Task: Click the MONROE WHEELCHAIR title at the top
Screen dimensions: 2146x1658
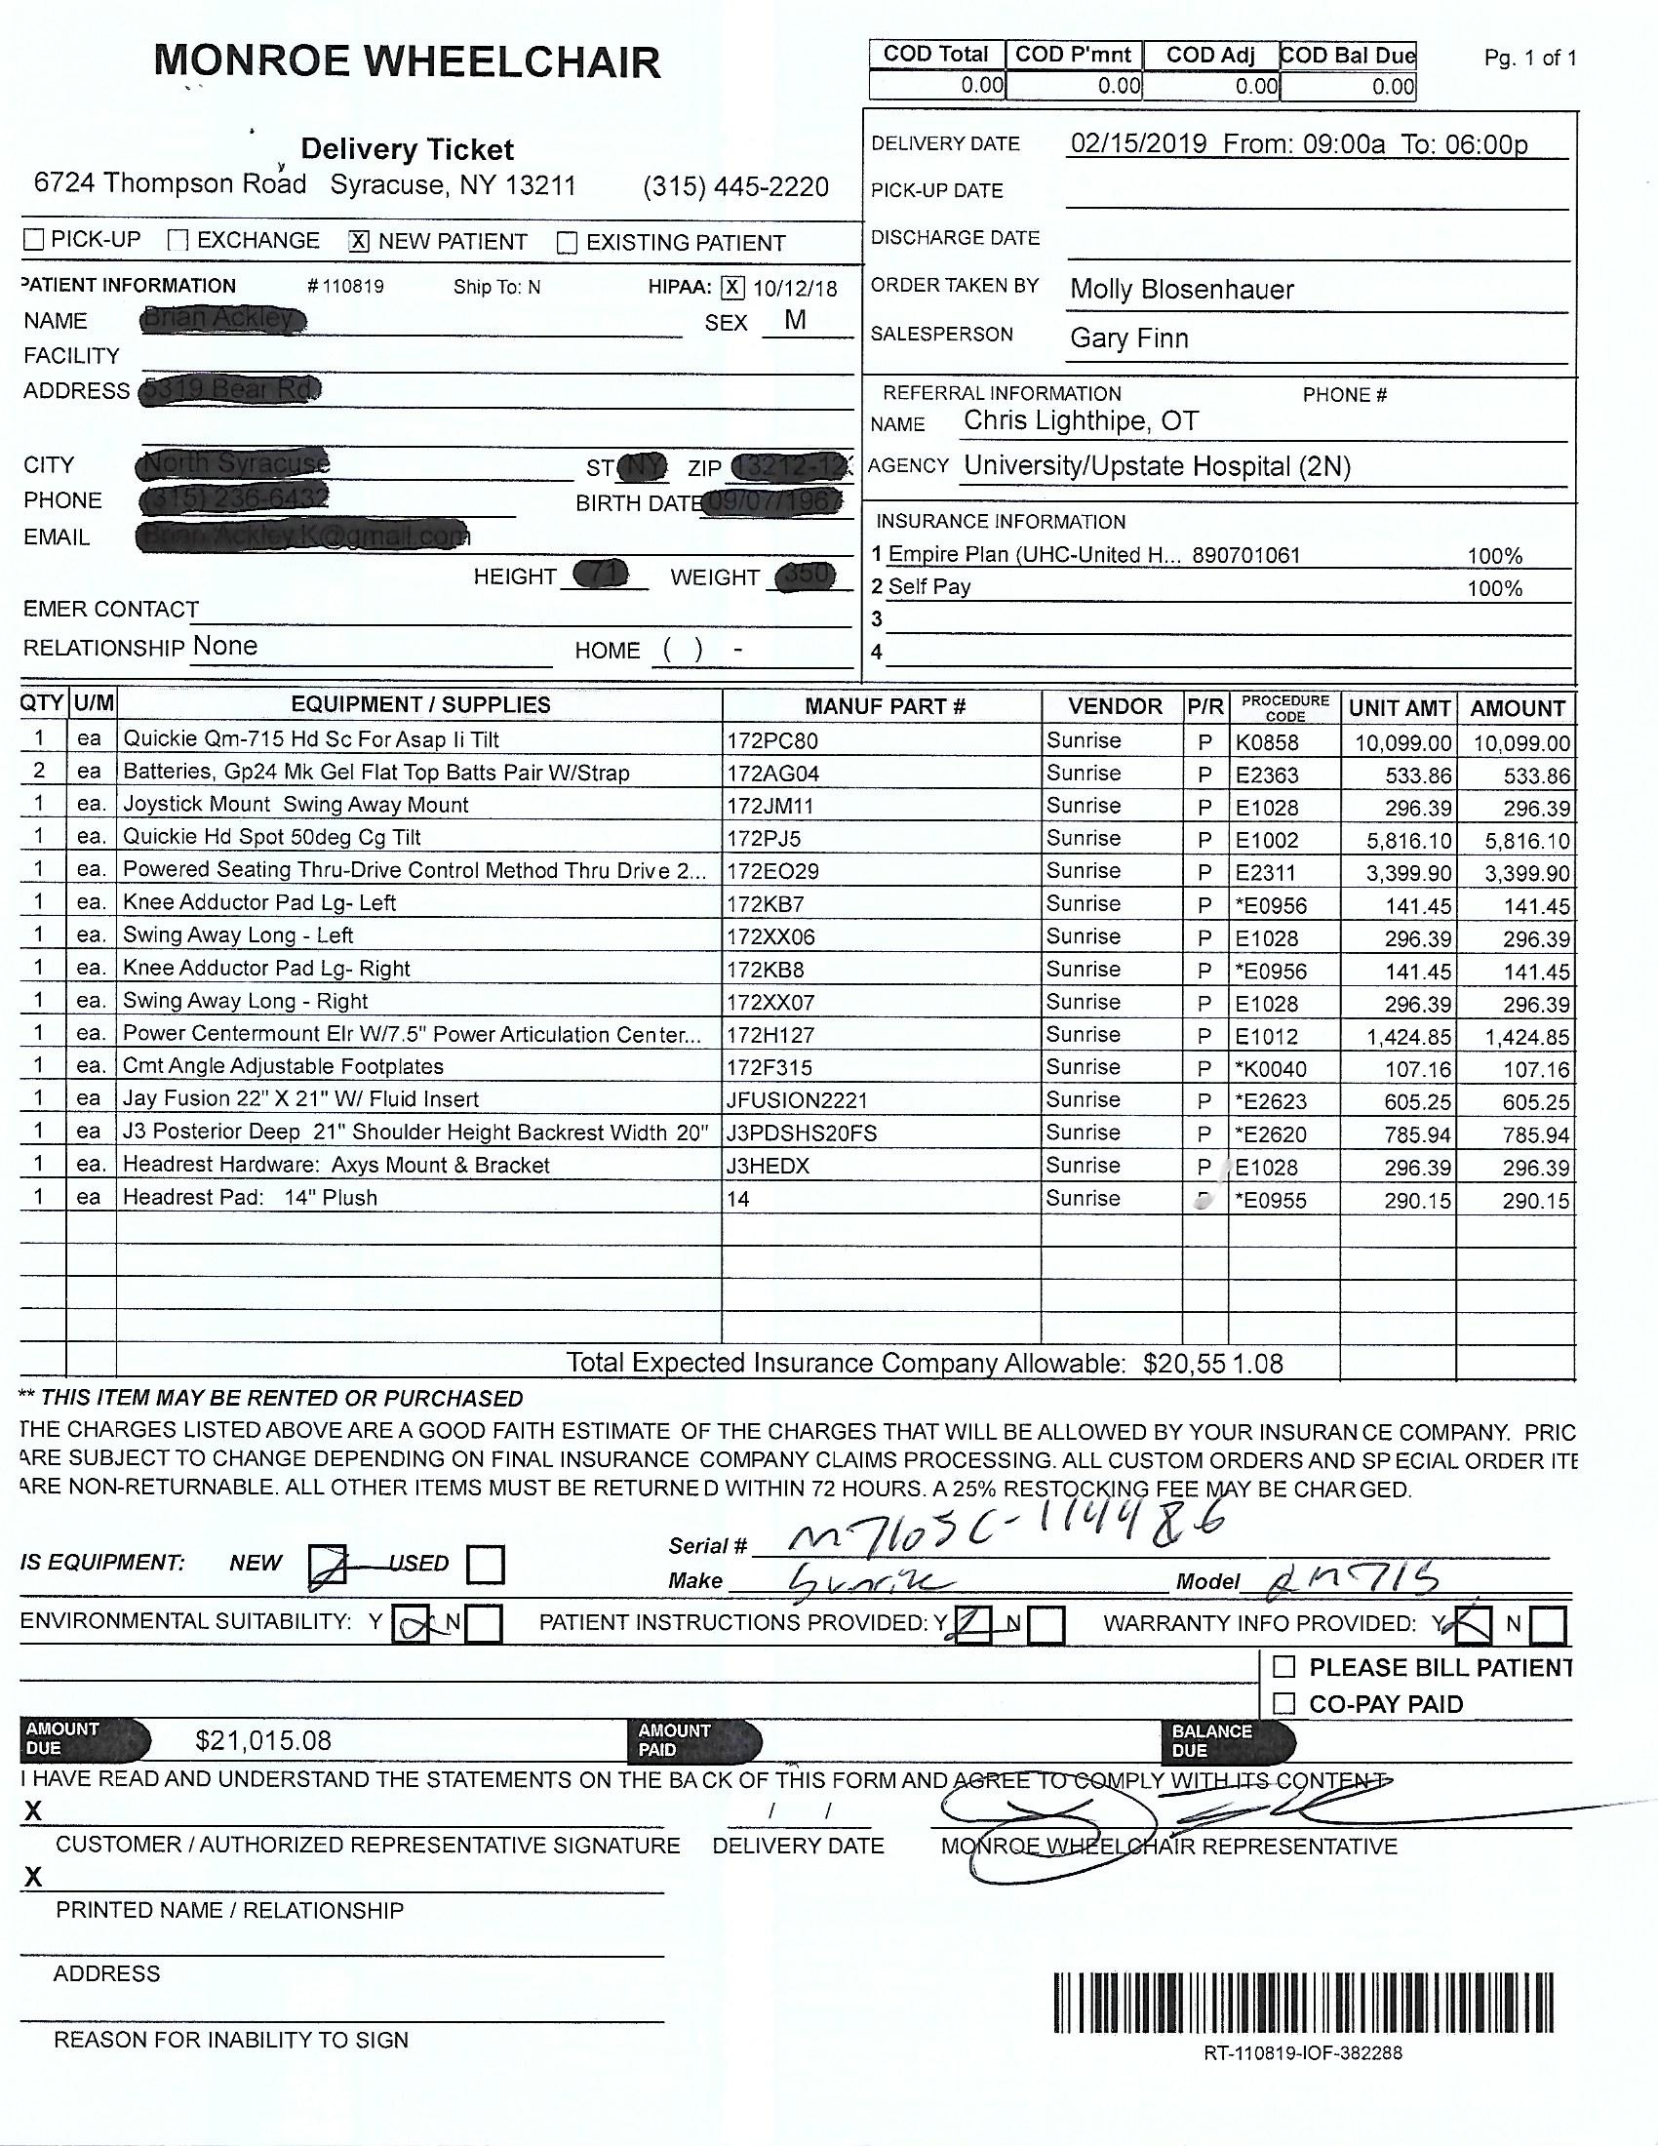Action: tap(407, 62)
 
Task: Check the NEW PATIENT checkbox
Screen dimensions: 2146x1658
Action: tap(360, 241)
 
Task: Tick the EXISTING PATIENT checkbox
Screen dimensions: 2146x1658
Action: tap(567, 243)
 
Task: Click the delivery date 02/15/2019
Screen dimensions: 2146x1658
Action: tap(1138, 144)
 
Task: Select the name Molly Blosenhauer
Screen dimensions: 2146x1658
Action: tap(1182, 290)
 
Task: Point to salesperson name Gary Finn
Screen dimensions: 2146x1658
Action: tap(1128, 338)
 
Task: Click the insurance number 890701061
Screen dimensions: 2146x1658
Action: tap(1245, 556)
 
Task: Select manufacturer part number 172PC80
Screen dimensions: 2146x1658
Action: tap(772, 742)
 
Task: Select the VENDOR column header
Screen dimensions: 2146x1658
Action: tap(1115, 706)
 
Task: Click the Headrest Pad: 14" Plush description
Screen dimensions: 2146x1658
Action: tap(250, 1198)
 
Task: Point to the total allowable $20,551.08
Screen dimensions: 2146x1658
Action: tap(1213, 1364)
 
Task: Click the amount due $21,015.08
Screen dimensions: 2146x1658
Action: tap(263, 1741)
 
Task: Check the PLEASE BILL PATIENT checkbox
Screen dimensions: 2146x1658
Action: tap(1283, 1666)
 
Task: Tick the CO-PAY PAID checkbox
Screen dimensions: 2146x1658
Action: tap(1283, 1703)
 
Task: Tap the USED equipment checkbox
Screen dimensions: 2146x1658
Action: tap(487, 1565)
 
